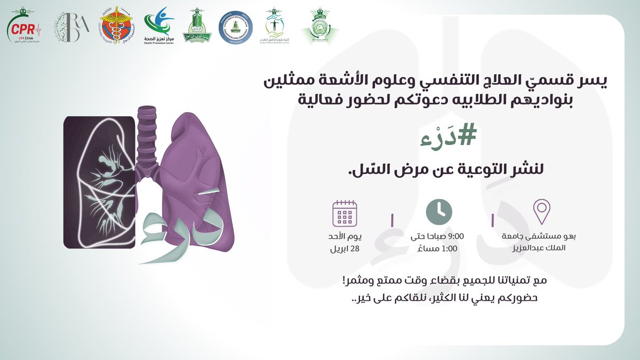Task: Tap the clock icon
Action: (439, 211)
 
